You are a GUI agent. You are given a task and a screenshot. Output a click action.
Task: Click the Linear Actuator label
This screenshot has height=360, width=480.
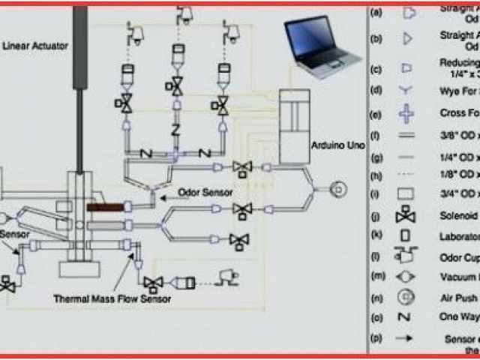click(x=35, y=46)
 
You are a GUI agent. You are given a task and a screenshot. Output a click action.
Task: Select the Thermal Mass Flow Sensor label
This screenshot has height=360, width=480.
click(x=112, y=298)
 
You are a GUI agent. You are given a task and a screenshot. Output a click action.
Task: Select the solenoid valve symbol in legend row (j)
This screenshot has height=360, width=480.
click(x=406, y=217)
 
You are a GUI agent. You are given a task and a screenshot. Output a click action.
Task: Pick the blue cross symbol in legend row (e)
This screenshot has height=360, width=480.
click(x=406, y=114)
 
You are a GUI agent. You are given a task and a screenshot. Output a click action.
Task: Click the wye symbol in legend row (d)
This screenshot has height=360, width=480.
click(x=406, y=91)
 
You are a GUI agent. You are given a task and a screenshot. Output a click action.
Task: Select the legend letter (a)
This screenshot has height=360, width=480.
click(x=376, y=13)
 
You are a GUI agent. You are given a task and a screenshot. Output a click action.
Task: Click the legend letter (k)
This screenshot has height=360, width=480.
click(x=376, y=237)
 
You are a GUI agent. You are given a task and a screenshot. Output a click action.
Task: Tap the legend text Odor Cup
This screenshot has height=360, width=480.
click(x=459, y=257)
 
